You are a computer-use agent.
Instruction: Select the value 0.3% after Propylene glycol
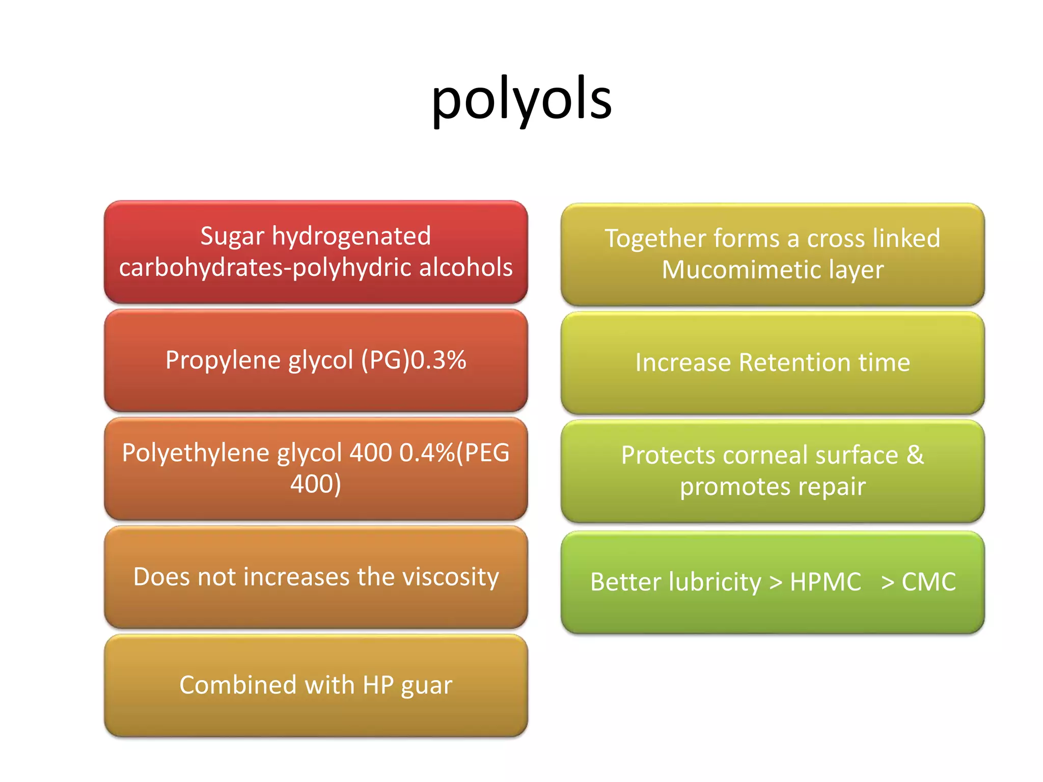[x=438, y=360]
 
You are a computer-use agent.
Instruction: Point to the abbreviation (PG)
[x=385, y=360]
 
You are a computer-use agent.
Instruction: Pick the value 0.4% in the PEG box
[x=427, y=453]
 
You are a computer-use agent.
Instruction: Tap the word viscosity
[x=450, y=577]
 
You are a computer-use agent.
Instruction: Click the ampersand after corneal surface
[x=915, y=455]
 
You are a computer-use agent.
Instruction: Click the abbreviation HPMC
[x=825, y=582]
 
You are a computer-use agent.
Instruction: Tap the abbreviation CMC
[x=928, y=582]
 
